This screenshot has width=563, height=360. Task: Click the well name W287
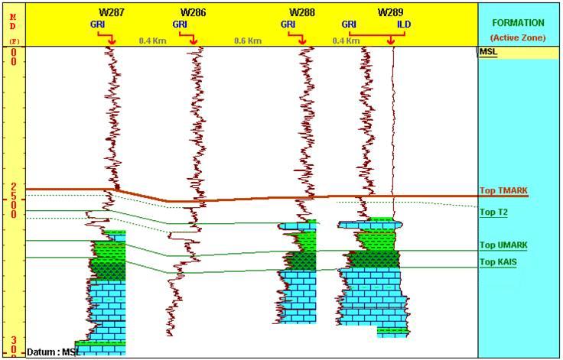point(112,12)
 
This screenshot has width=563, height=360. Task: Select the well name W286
point(193,12)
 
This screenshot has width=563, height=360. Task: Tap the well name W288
point(302,12)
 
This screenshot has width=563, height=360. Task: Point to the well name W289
point(390,12)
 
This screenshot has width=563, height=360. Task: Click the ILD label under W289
point(403,24)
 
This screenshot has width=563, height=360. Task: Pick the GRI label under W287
point(97,24)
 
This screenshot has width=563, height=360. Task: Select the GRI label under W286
point(179,24)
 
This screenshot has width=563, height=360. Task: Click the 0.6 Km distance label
point(248,40)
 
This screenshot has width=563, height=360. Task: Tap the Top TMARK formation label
point(503,191)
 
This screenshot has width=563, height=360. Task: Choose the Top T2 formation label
point(493,212)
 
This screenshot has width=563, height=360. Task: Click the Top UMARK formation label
point(503,245)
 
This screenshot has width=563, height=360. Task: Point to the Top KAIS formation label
point(499,262)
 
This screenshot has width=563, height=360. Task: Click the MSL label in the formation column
point(488,52)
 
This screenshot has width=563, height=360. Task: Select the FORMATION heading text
point(518,23)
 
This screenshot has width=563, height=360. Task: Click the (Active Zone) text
point(518,37)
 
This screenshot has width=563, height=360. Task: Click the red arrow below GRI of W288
point(302,38)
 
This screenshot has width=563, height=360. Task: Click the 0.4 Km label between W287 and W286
point(153,40)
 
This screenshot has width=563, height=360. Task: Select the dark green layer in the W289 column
point(369,259)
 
